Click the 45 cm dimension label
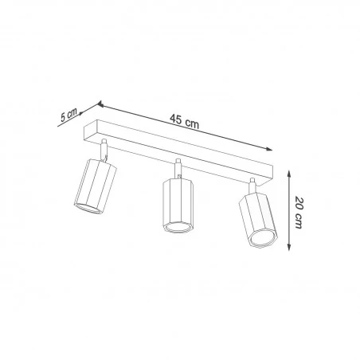[x=184, y=121]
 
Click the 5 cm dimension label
[x=68, y=115]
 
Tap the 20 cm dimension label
[x=299, y=213]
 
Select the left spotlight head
[x=95, y=186]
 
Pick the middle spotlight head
[x=178, y=205]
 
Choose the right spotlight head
[x=258, y=220]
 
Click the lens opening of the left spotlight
[x=88, y=209]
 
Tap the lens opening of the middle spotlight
[x=178, y=227]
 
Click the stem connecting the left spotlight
[x=104, y=150]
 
